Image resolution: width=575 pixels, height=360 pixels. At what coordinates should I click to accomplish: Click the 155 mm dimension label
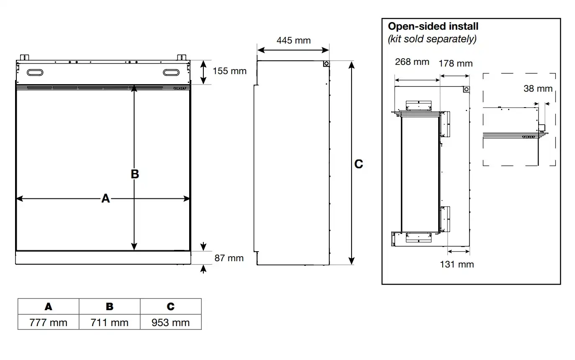click(229, 71)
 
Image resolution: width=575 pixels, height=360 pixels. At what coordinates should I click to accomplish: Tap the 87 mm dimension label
click(229, 258)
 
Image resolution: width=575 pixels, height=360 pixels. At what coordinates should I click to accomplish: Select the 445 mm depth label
click(294, 40)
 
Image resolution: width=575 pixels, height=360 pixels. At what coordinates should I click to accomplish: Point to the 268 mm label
click(412, 62)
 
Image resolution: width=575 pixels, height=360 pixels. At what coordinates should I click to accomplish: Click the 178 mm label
click(456, 64)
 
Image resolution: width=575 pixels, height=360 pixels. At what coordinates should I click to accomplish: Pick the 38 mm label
click(538, 89)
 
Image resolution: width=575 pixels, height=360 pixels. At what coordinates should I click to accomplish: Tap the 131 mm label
click(457, 264)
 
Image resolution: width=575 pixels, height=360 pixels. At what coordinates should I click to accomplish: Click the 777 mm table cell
click(48, 322)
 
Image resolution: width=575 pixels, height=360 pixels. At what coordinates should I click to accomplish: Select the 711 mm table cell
click(110, 322)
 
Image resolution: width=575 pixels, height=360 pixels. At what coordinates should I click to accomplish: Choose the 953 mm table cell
click(171, 322)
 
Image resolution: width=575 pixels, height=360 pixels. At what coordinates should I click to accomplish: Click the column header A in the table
click(48, 306)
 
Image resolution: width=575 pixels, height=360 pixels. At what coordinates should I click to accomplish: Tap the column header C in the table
click(171, 306)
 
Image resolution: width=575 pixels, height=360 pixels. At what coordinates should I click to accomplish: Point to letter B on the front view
click(135, 174)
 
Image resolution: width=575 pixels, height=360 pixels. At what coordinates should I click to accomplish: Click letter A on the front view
click(105, 198)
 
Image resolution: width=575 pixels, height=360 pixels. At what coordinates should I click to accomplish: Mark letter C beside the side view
click(359, 164)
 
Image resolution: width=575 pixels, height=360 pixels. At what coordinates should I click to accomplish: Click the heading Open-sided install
click(433, 26)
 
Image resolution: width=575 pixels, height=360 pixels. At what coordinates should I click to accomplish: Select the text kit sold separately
click(432, 39)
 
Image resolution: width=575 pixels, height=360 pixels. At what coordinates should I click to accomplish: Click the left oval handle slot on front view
click(35, 73)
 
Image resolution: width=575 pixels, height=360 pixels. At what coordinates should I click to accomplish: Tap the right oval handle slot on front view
click(171, 73)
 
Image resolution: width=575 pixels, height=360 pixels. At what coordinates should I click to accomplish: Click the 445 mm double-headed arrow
click(293, 50)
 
